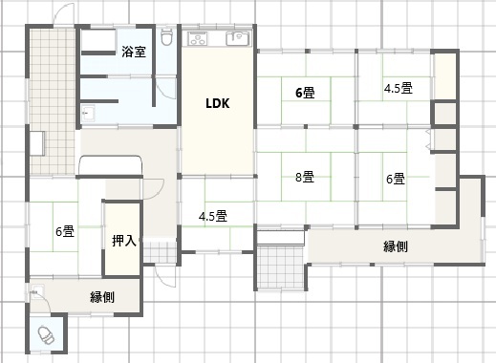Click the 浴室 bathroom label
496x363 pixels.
[134, 52]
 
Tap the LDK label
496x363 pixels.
[218, 103]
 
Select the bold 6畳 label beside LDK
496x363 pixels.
[305, 93]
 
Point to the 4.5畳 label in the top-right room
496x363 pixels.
[399, 88]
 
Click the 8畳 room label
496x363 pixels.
[305, 177]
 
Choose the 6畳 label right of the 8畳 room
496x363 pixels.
[396, 179]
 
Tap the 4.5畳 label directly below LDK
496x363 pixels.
[213, 217]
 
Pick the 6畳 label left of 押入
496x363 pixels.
[65, 231]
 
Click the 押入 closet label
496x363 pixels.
[124, 241]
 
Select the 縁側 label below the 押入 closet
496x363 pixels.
[102, 297]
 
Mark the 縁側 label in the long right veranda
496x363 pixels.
[396, 246]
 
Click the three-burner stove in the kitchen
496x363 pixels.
[198, 39]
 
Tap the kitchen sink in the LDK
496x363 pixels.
[238, 39]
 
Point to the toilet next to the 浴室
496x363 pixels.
[166, 36]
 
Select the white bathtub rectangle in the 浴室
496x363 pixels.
[98, 40]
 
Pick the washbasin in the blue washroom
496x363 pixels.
[88, 113]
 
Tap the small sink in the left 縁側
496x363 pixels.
[37, 291]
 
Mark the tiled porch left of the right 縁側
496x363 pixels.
[280, 267]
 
